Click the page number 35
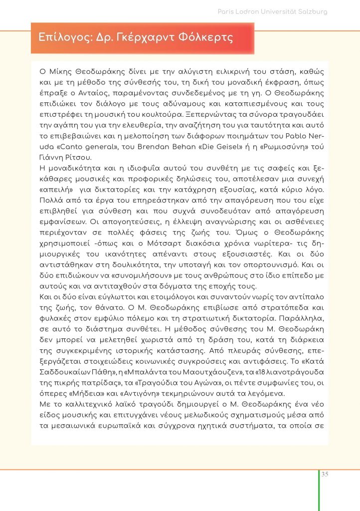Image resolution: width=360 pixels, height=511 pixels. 325,474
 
